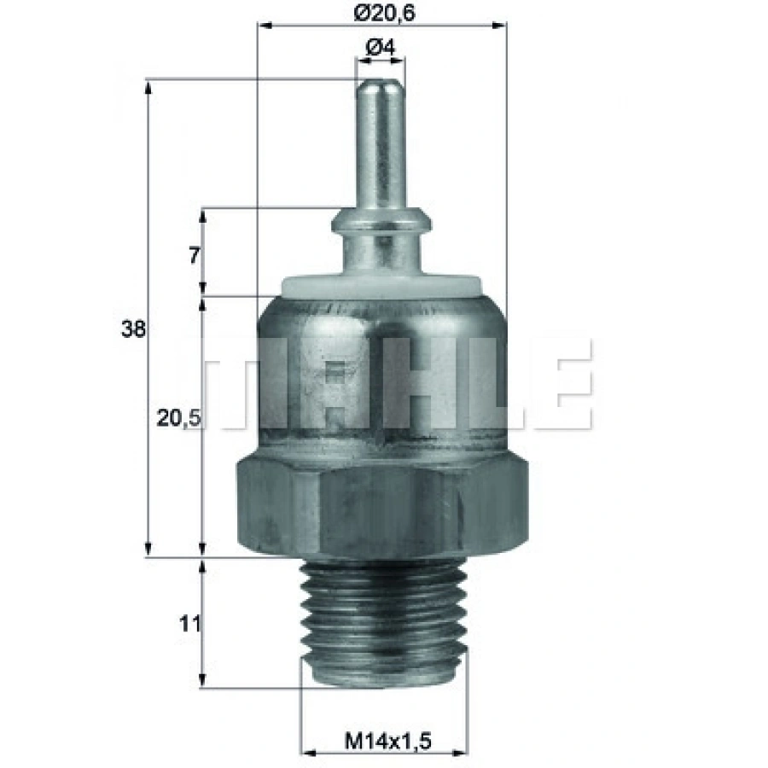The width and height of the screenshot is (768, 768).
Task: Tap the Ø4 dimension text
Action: [381, 49]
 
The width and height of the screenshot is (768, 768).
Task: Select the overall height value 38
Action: [134, 329]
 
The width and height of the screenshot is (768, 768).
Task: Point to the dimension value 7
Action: [195, 255]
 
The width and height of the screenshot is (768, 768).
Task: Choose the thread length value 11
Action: [190, 624]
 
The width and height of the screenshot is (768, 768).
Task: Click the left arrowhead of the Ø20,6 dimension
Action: [264, 26]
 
